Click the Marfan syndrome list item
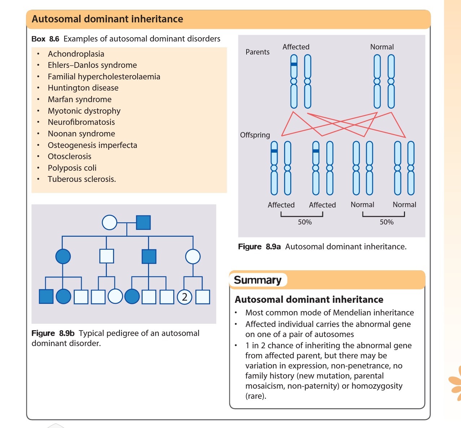coord(79,99)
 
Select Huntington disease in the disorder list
coord(83,88)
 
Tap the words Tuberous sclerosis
coord(82,179)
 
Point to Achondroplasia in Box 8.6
coord(76,54)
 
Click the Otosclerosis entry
coord(69,156)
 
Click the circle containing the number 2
coord(184,297)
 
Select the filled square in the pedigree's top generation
coord(143,223)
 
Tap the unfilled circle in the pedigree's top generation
coord(110,223)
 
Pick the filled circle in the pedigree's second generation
coord(63,257)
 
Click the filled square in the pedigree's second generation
coord(149,257)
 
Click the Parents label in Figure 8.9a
coord(257,52)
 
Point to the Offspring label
coord(255,135)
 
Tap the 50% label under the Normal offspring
coord(386,222)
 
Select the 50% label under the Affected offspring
coord(305,222)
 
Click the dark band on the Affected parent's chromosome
coord(294,64)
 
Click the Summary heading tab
coord(258,280)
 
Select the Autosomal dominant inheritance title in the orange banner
coord(108,19)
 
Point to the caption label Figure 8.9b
coord(53,333)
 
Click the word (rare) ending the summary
coord(256,396)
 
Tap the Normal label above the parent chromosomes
coord(382,47)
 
